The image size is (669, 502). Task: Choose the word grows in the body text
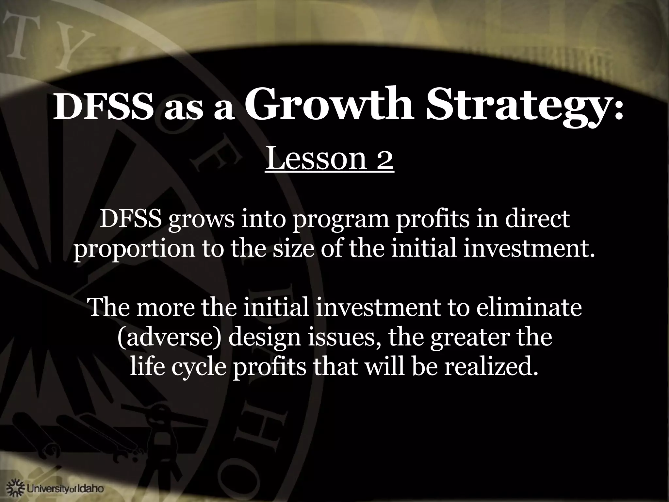[x=201, y=220]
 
